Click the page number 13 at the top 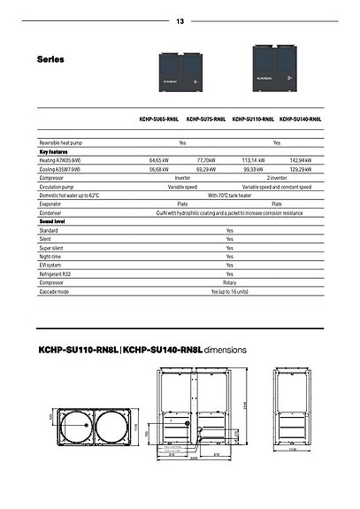(x=180, y=20)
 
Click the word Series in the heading (x=51, y=59)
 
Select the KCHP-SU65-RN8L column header (x=157, y=118)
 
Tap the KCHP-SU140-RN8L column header (x=301, y=118)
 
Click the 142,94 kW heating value (x=303, y=160)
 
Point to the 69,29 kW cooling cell (x=206, y=168)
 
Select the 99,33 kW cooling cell (x=254, y=168)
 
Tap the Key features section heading (x=55, y=151)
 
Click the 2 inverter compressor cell (x=277, y=177)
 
